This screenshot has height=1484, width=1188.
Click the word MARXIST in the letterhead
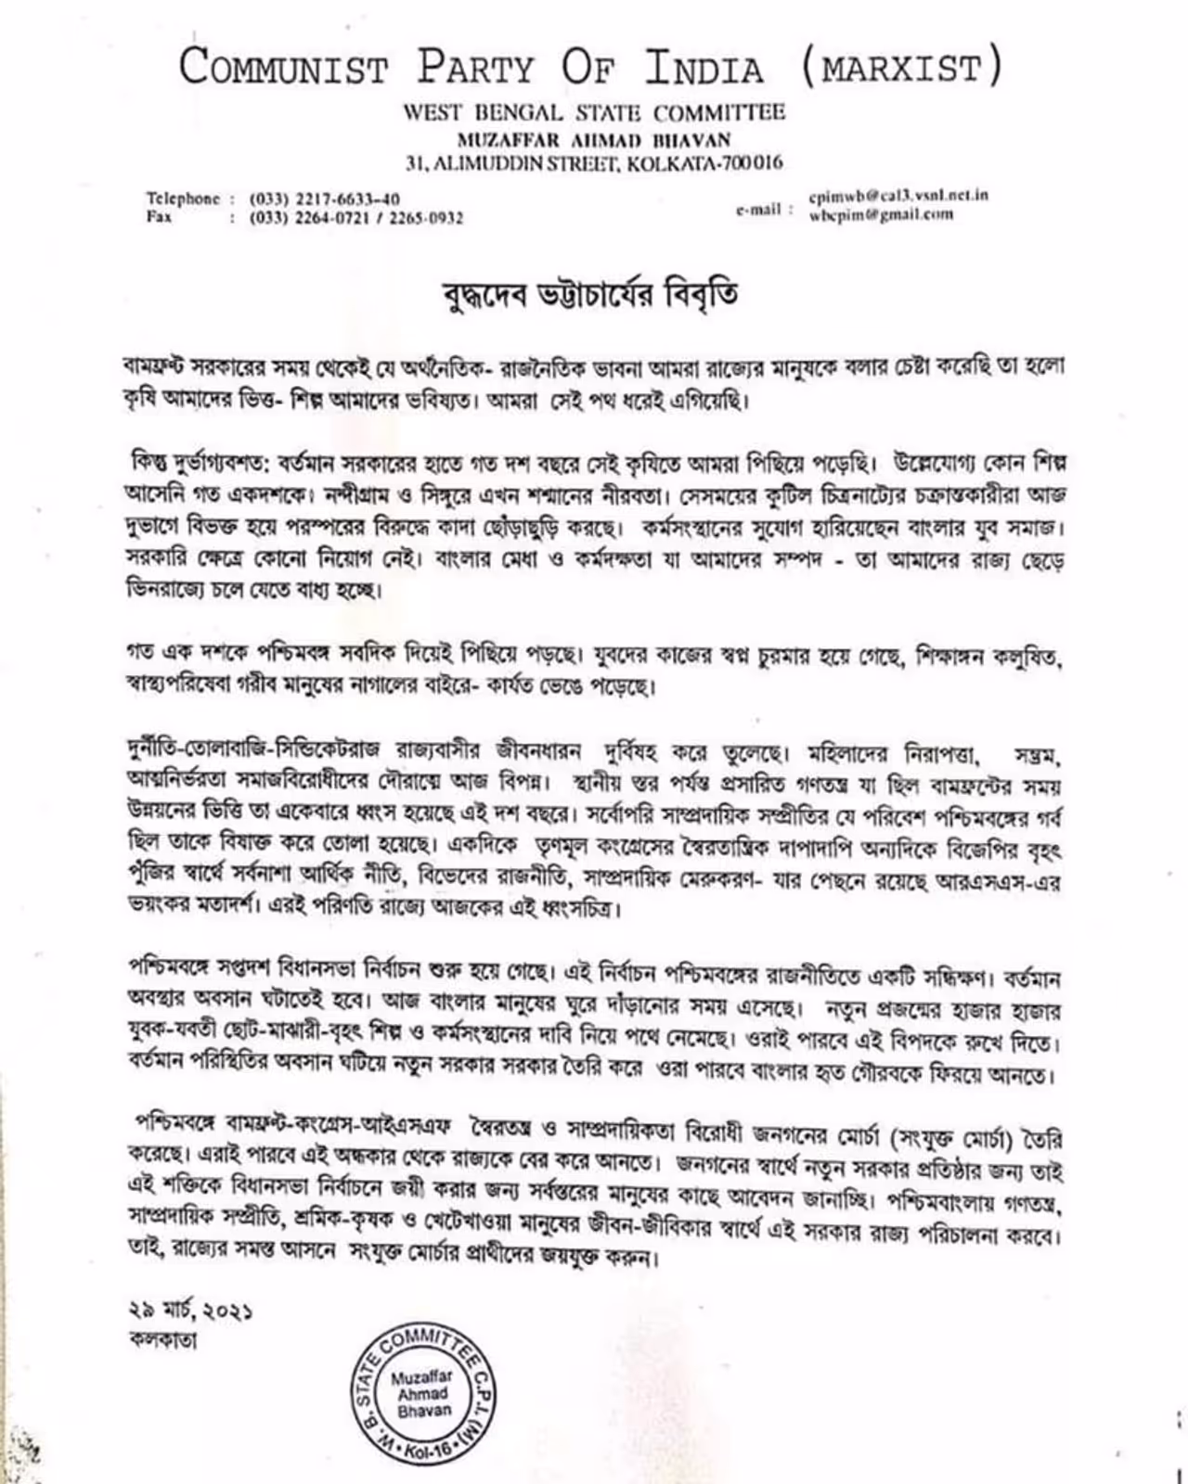(x=899, y=69)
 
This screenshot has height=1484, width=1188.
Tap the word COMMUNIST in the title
(x=283, y=69)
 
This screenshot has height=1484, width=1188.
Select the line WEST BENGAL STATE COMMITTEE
(x=594, y=113)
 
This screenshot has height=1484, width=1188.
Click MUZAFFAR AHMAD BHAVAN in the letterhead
(x=594, y=139)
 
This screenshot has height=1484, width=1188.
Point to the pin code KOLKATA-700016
(x=705, y=164)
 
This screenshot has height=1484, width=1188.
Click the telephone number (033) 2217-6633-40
(x=325, y=198)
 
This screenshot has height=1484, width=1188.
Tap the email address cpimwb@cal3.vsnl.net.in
(x=897, y=196)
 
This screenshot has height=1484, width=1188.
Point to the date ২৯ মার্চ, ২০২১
(x=190, y=1311)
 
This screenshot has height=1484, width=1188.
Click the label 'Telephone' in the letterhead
(x=183, y=198)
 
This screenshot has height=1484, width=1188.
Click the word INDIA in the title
(x=704, y=69)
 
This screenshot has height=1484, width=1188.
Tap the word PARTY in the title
(x=475, y=69)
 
